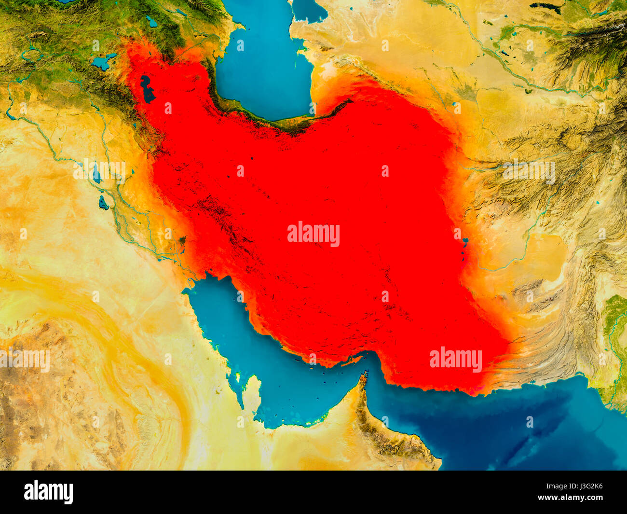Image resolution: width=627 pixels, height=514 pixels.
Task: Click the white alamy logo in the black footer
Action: [x=48, y=492]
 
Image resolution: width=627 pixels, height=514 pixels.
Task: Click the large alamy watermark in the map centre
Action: [x=313, y=234]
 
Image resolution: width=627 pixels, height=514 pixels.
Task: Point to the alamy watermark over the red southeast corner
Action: [x=455, y=360]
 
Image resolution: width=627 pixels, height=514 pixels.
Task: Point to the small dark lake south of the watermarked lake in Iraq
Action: [x=103, y=203]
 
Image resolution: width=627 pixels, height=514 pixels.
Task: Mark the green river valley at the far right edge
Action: [x=614, y=328]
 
